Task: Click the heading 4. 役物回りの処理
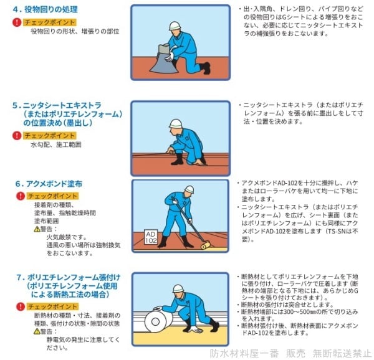coord(46,9)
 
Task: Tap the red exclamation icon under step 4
coord(17,22)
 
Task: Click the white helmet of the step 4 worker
coord(175,26)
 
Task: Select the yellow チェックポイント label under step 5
coord(50,136)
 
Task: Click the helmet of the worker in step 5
coord(175,123)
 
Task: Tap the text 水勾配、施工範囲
coord(56,144)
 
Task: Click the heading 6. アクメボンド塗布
coord(49,184)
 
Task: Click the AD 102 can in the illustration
coord(151,237)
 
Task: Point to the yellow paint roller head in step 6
coord(205,245)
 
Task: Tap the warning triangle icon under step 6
coord(37,229)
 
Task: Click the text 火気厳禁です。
coord(67,237)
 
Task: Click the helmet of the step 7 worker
coord(178,288)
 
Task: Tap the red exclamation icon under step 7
coord(21,306)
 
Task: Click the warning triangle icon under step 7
coord(37,331)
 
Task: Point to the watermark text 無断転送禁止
coord(342,353)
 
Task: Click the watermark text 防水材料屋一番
coord(244,353)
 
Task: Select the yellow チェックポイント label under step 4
coord(50,22)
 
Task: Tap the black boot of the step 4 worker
coord(205,68)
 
